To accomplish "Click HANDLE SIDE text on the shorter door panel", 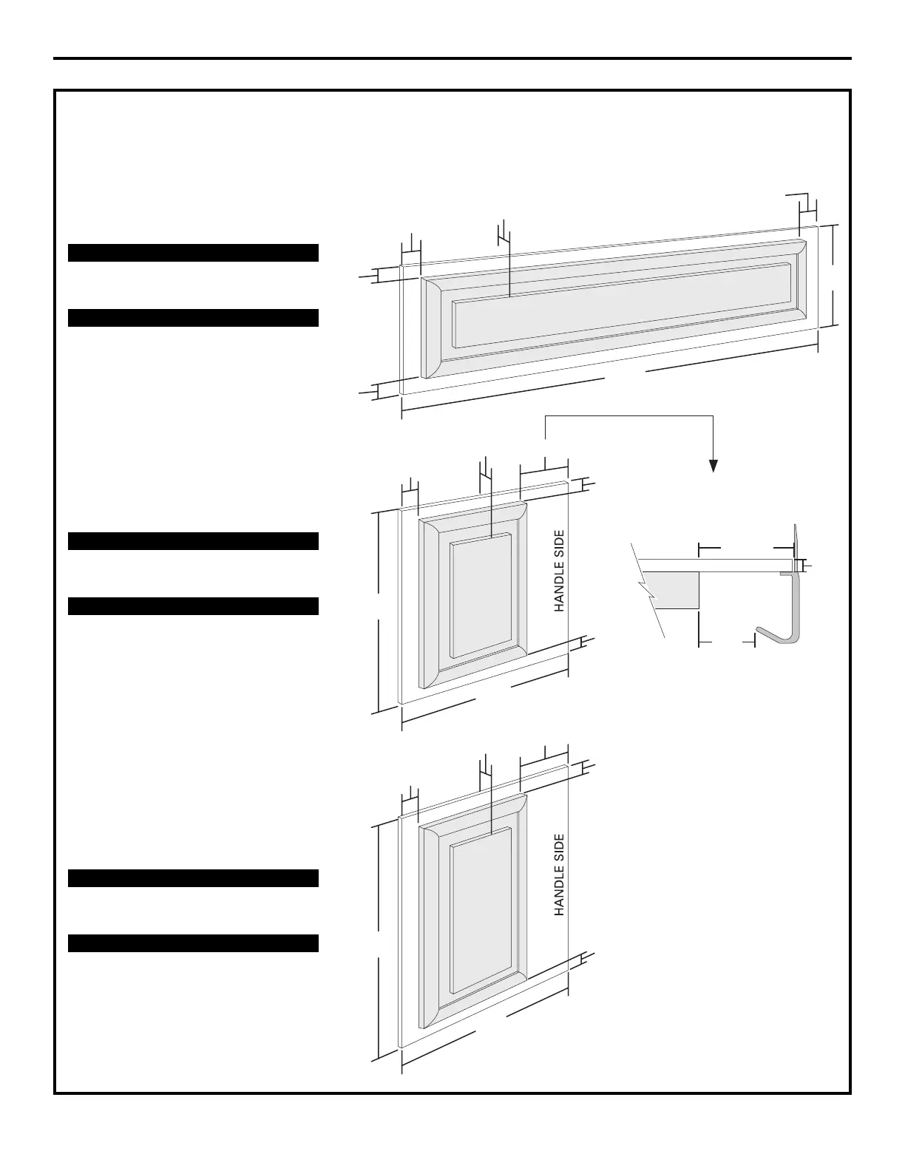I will [560, 570].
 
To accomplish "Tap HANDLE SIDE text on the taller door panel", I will [560, 875].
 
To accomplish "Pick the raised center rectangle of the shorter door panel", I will [481, 595].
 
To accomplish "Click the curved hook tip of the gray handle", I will [761, 631].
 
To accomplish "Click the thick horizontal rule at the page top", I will [452, 58].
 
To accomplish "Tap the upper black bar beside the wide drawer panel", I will [193, 253].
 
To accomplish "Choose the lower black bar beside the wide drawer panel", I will [193, 318].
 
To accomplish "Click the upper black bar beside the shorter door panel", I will [193, 541].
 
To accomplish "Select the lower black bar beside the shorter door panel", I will [193, 606].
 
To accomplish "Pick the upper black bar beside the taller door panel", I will [193, 878].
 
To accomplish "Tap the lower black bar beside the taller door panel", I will [193, 943].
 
